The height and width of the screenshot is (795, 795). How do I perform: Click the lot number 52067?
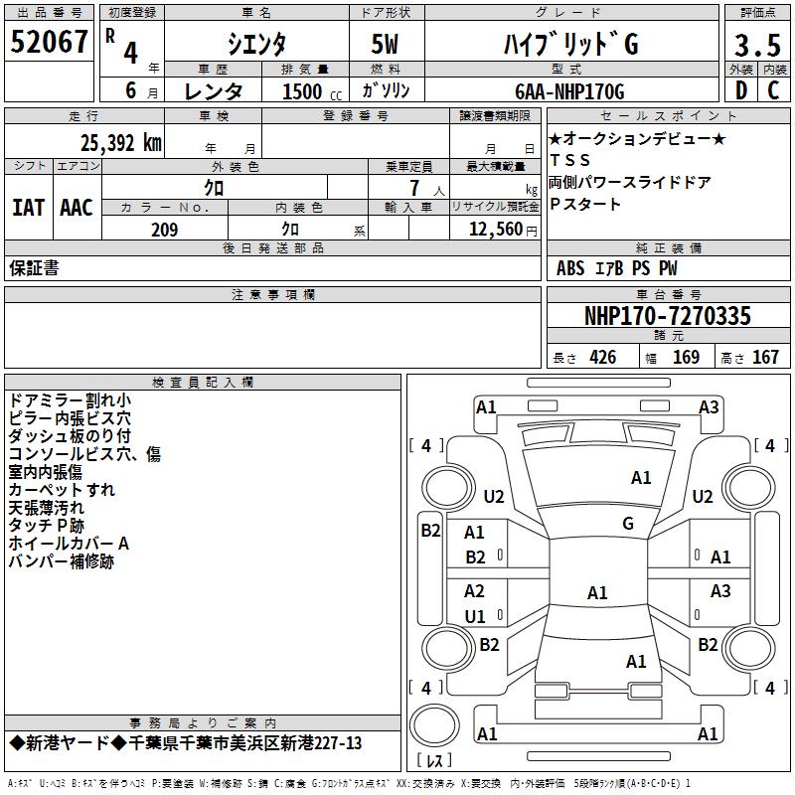(x=49, y=41)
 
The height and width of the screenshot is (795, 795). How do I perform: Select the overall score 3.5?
(x=756, y=45)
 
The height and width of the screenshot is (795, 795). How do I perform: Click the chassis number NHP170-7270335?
(x=667, y=316)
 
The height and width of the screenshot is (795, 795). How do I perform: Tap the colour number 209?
(x=164, y=230)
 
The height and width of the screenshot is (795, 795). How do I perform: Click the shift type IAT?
(x=27, y=208)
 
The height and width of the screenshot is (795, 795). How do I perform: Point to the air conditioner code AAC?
(x=77, y=208)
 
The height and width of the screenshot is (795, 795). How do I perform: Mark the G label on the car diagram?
(x=628, y=524)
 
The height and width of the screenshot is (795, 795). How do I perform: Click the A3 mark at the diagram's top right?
(x=709, y=406)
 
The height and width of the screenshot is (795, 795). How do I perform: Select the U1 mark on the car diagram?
(x=475, y=616)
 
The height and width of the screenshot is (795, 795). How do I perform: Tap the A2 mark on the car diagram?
(x=474, y=591)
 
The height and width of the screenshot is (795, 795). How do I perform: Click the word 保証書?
(x=34, y=267)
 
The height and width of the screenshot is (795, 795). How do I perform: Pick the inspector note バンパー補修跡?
(x=61, y=562)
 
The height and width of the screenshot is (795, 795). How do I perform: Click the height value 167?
(x=765, y=358)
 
